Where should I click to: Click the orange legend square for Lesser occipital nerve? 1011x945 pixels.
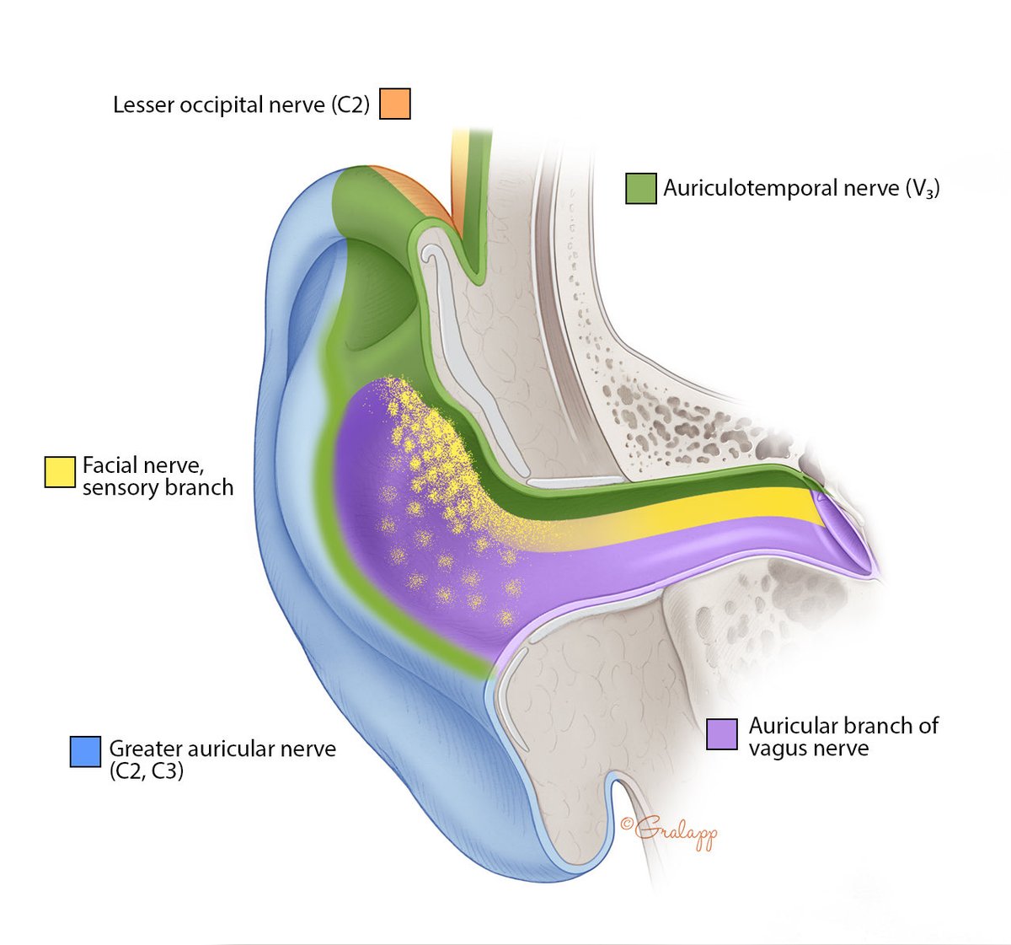[x=395, y=104]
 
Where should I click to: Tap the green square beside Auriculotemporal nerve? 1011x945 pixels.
[x=641, y=188]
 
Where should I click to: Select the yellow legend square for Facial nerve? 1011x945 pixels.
[x=60, y=471]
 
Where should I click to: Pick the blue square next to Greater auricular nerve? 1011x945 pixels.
[x=85, y=750]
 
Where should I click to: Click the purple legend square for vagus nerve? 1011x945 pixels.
[x=722, y=734]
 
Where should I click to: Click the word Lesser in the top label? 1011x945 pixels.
[x=143, y=105]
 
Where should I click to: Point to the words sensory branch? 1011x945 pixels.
[x=158, y=487]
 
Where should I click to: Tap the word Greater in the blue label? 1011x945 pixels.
[x=145, y=749]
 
